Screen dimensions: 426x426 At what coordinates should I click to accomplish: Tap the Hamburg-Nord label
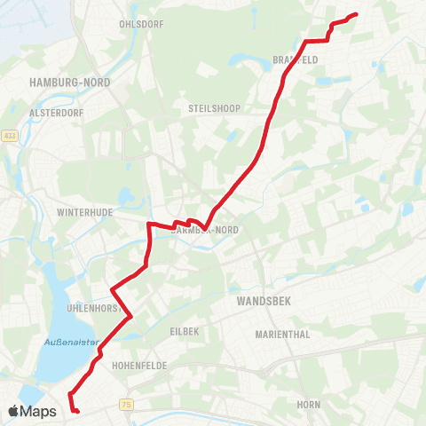[62, 82]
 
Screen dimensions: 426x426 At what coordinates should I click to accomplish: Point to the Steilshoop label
[209, 108]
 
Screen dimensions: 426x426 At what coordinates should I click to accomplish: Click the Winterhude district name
[82, 214]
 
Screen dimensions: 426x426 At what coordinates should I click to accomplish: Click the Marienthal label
[281, 335]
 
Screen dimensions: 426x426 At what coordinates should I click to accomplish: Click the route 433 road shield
[10, 136]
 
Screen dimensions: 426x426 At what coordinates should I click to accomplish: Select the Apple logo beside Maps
[14, 411]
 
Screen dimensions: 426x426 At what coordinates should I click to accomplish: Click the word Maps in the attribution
[39, 411]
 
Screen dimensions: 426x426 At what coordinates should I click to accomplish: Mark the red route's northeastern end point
[356, 14]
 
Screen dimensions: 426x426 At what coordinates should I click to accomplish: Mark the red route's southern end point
[77, 411]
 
